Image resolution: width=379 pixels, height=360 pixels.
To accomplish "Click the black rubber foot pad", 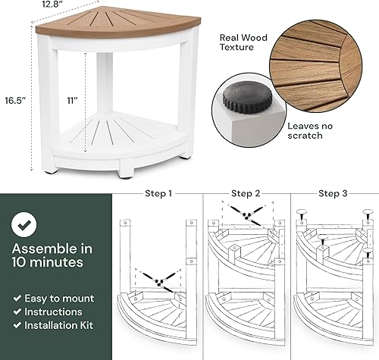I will coord(243,99).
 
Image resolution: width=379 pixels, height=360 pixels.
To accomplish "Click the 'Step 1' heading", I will coord(158,193).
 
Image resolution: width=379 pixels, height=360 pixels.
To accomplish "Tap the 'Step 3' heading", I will coord(333,193).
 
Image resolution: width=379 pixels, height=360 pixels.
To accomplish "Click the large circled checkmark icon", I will coord(27,224).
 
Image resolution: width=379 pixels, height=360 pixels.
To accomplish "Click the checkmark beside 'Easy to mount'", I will coord(17,299).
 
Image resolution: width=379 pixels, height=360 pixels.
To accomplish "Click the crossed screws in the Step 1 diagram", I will coord(158,280).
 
